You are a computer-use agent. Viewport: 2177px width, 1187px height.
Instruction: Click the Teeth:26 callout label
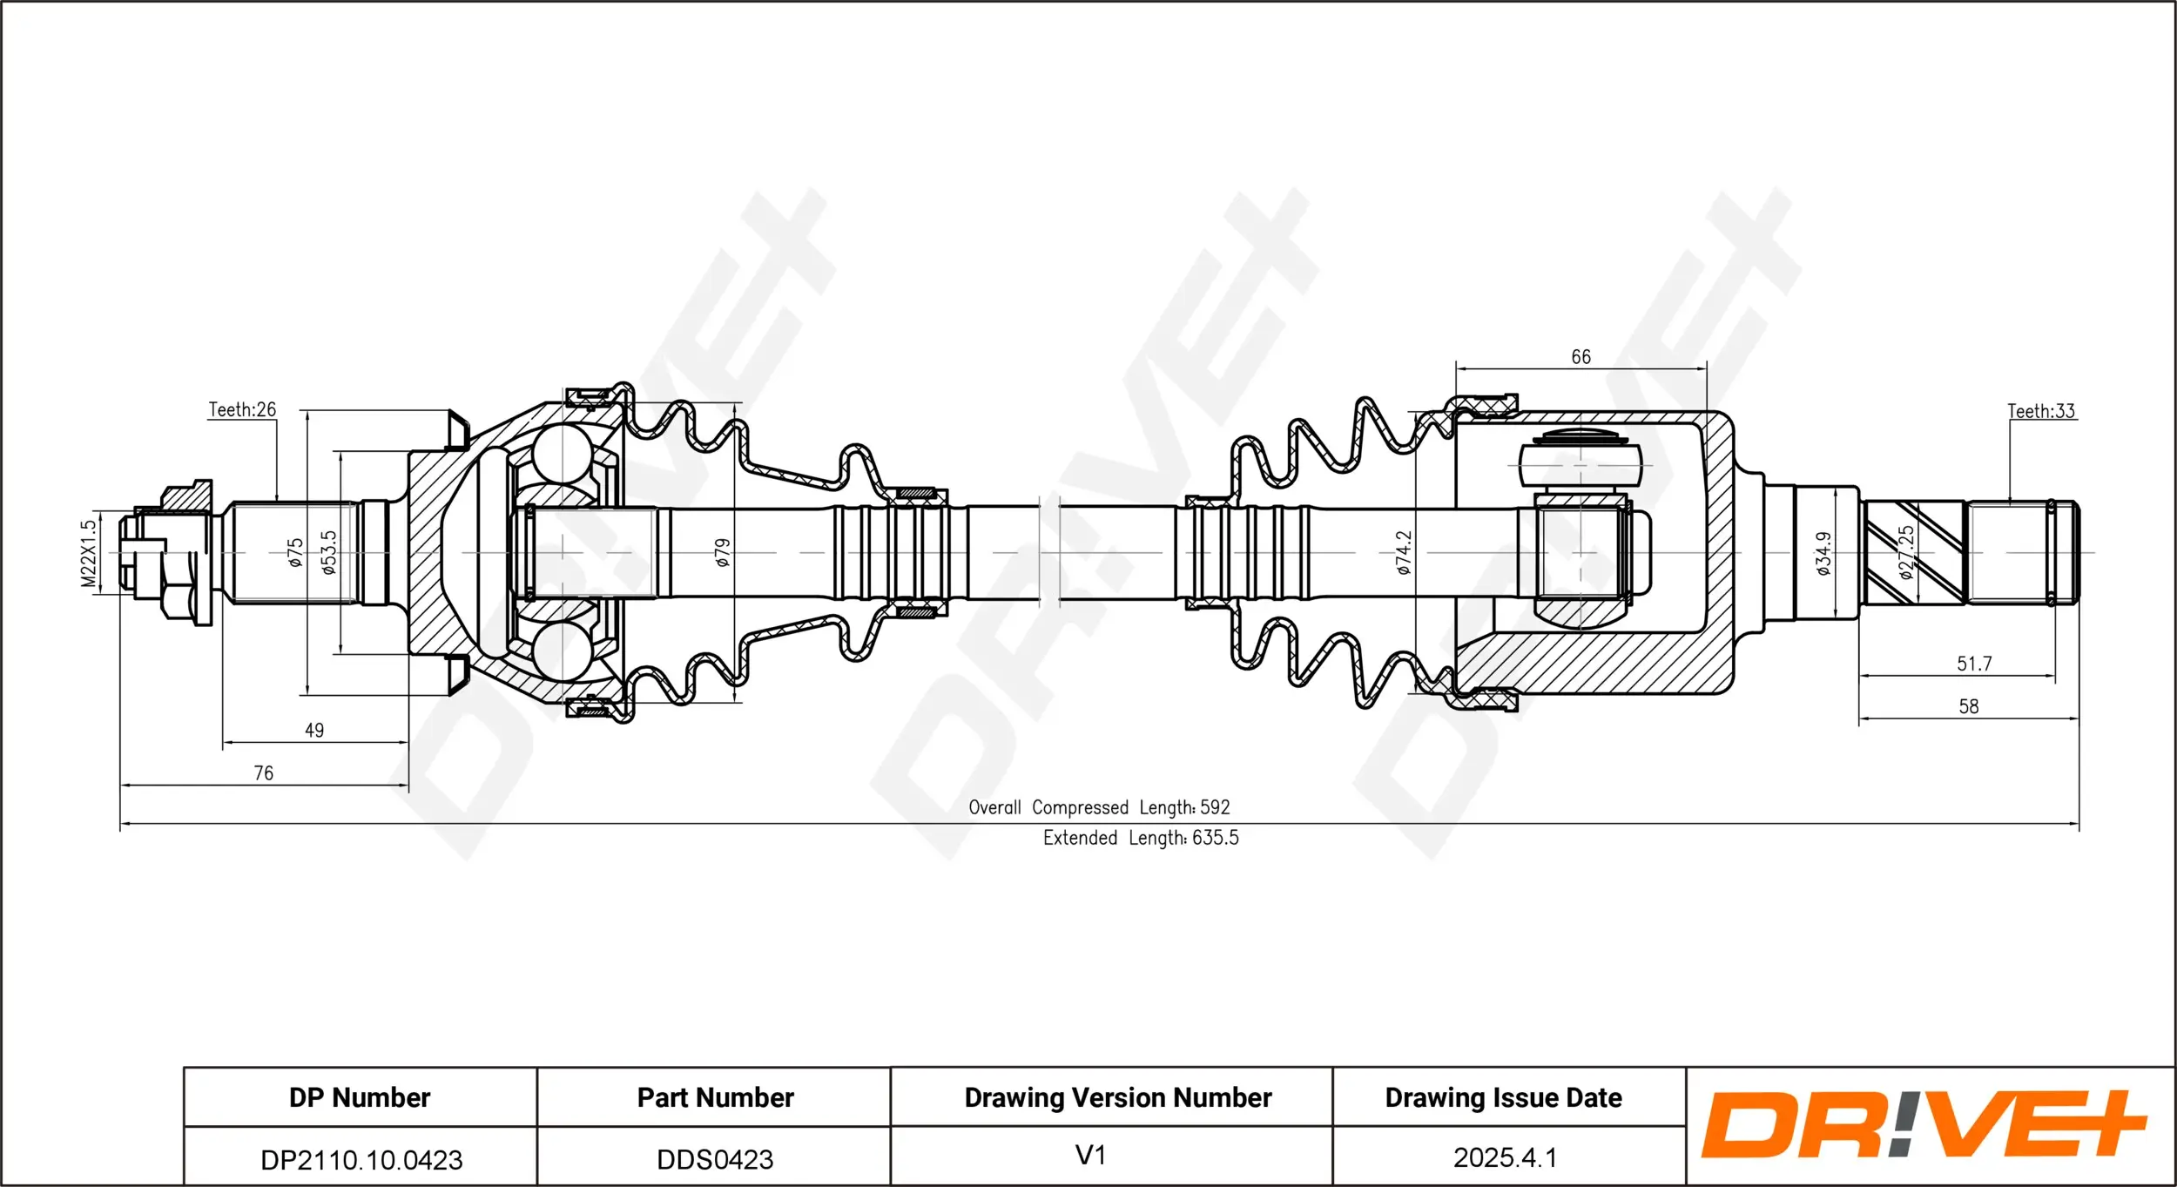[242, 409]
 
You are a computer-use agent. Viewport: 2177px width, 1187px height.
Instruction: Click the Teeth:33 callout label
[2041, 411]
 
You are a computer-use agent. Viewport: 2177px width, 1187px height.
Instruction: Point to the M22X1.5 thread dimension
[88, 554]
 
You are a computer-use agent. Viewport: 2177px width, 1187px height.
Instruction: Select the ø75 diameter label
[295, 553]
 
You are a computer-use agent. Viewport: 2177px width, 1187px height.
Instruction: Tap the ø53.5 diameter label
[328, 553]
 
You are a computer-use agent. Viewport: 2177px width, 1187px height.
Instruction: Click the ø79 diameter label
[722, 553]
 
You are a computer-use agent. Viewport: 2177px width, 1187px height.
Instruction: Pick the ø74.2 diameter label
[1403, 553]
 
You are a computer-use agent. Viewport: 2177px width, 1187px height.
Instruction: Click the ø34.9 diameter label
[1823, 554]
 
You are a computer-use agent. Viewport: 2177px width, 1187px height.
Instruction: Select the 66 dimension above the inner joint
[1581, 357]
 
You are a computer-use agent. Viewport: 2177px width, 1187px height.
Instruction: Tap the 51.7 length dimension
[1974, 664]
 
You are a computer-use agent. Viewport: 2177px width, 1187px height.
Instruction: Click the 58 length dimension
[1969, 706]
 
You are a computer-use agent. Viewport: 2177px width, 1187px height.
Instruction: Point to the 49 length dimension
[314, 731]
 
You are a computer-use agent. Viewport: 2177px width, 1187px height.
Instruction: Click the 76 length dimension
[263, 773]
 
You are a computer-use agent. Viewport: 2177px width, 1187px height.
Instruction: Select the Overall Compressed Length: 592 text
[1099, 807]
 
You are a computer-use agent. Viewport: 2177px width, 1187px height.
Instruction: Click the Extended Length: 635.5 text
[1141, 838]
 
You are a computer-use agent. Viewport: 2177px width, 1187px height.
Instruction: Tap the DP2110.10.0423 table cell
[361, 1159]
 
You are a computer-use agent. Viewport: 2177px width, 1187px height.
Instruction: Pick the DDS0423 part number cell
[715, 1159]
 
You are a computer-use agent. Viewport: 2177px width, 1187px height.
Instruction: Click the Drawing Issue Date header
[1503, 1097]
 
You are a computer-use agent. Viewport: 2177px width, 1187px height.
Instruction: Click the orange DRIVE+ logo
[1923, 1125]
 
